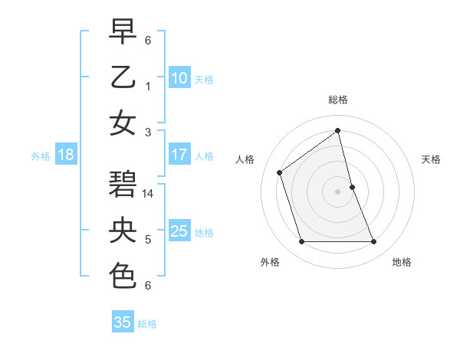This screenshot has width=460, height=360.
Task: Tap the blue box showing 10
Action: [x=179, y=77]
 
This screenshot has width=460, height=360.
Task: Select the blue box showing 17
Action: [x=179, y=155]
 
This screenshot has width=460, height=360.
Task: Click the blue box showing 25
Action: [x=179, y=231]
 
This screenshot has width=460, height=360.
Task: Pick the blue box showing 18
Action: [x=66, y=155]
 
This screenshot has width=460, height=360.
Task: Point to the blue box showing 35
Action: [x=123, y=322]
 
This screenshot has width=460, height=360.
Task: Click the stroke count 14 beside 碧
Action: [x=149, y=194]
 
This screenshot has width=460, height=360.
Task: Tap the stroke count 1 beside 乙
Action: [x=148, y=86]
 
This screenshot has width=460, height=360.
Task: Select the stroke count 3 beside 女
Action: [x=148, y=133]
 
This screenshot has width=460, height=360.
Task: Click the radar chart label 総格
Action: [x=337, y=100]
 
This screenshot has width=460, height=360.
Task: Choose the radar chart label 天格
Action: [x=431, y=159]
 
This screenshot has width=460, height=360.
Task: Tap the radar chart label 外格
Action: [x=270, y=263]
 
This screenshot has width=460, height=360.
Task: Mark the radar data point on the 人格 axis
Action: [x=279, y=172]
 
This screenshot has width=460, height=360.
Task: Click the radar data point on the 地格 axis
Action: [x=374, y=242]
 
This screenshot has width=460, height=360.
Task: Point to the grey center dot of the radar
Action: [x=337, y=191]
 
